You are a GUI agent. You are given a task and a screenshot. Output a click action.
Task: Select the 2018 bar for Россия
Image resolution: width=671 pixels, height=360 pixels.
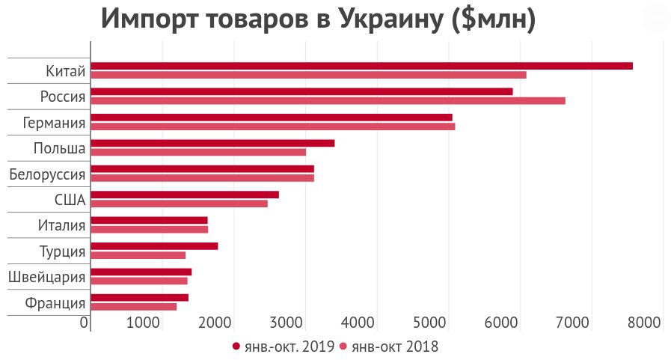[x=328, y=100]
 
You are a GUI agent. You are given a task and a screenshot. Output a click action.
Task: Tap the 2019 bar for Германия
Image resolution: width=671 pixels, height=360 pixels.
[x=272, y=118]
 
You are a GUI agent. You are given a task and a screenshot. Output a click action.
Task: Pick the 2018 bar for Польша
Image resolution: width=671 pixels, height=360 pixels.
[x=198, y=152]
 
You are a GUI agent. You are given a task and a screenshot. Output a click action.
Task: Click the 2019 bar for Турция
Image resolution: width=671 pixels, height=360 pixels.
[x=154, y=245]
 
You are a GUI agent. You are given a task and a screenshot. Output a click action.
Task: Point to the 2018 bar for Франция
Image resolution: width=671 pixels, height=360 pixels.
[x=134, y=306]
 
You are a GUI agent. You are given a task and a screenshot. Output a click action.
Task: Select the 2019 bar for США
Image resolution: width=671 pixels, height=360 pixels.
[x=185, y=195]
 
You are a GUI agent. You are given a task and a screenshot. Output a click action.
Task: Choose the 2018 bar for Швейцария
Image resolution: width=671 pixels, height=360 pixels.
[x=139, y=281]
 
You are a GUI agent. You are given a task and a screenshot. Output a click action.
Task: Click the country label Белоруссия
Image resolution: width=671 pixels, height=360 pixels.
[x=46, y=175]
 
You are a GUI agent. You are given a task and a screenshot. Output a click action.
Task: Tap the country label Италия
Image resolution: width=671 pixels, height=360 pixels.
[x=61, y=225]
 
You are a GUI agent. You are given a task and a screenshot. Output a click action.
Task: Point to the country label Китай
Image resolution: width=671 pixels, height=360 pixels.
[x=65, y=72]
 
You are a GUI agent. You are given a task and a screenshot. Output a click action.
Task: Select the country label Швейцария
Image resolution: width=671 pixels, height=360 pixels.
[x=46, y=278]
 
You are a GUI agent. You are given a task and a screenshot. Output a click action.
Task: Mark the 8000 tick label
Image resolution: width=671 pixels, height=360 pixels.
[x=645, y=323]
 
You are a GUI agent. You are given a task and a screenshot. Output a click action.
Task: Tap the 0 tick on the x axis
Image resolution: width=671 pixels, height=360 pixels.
[x=85, y=323]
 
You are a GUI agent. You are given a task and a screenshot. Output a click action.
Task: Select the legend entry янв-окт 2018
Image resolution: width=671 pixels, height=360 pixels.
[x=389, y=347]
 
